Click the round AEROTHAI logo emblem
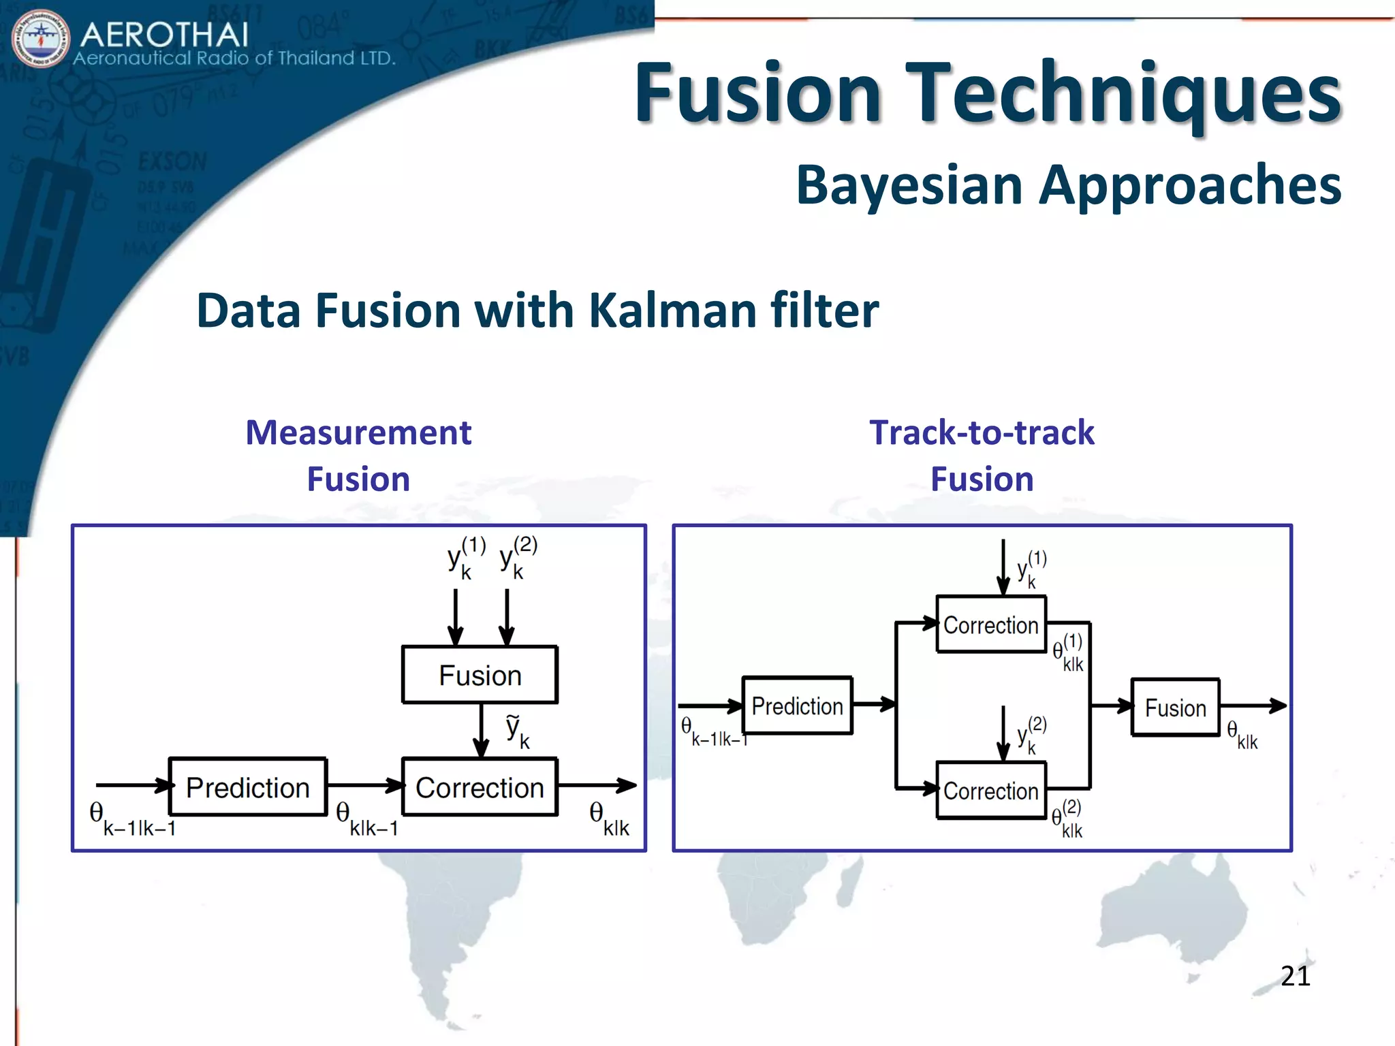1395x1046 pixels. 41,39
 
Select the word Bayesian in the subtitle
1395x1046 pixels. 909,185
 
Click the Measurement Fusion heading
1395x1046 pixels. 358,455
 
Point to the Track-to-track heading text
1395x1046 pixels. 982,433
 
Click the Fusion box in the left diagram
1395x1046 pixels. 480,675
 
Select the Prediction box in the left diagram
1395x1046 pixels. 248,787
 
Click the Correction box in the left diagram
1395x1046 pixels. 480,787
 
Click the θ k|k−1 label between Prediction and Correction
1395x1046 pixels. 366,819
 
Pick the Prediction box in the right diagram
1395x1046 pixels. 797,706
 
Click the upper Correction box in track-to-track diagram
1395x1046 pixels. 990,624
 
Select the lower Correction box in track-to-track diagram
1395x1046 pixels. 990,791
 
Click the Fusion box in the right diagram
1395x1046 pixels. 1175,708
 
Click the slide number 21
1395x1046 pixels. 1295,977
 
